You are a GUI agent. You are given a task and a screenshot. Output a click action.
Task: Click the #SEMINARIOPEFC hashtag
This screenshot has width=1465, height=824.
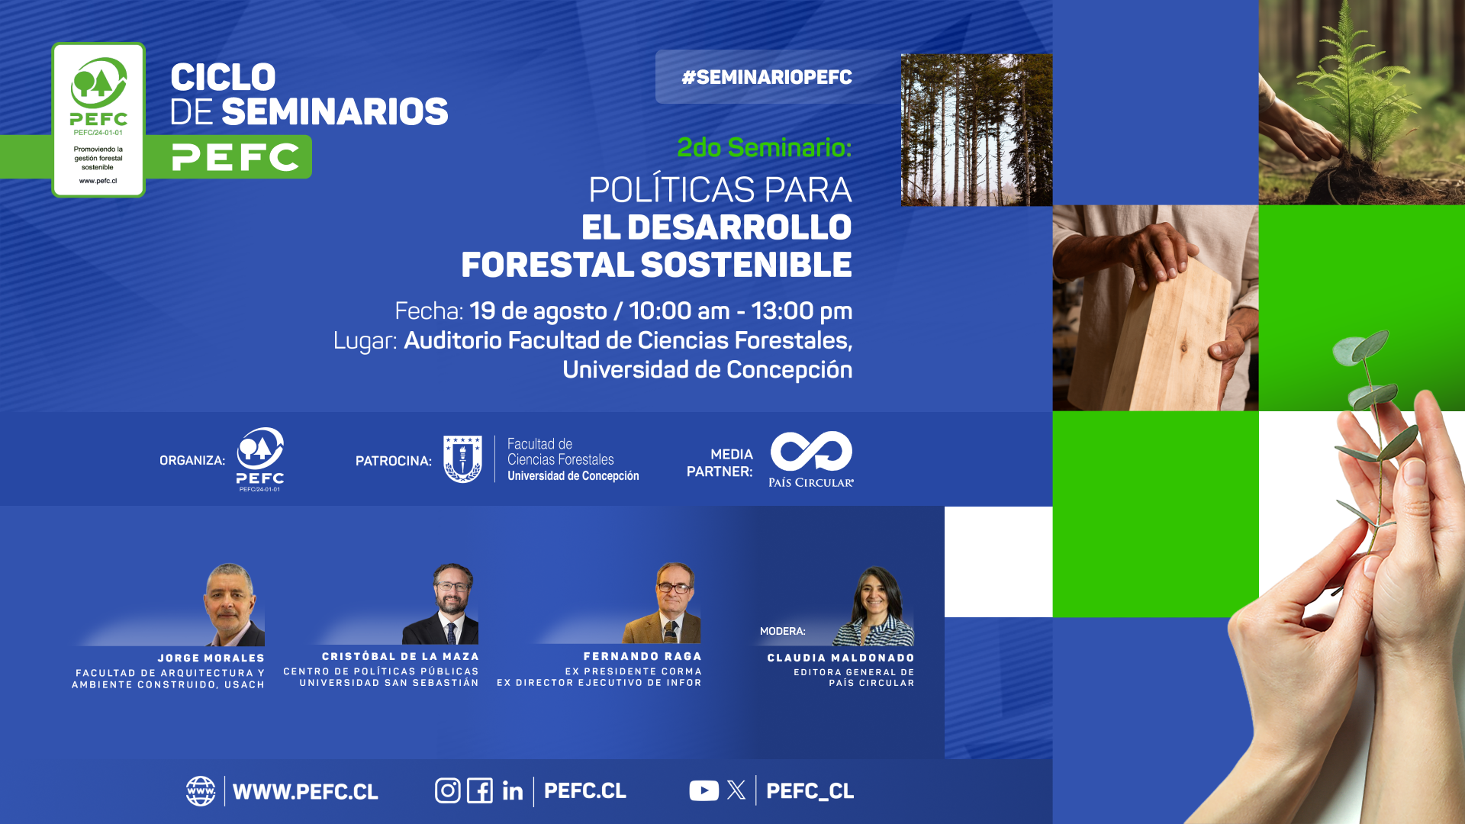(767, 77)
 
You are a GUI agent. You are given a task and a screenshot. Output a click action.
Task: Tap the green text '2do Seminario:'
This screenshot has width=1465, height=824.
(765, 147)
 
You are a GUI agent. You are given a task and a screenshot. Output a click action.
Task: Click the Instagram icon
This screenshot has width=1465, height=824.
(448, 790)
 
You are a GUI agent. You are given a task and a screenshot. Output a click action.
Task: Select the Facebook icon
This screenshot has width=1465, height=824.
(480, 790)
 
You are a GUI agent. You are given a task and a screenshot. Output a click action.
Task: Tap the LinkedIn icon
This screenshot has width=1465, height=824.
(513, 790)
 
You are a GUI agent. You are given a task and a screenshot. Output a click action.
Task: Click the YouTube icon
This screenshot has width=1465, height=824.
(704, 790)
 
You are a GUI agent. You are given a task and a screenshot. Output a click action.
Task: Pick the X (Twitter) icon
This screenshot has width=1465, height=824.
(736, 790)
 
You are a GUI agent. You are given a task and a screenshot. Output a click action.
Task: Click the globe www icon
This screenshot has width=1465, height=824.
(201, 791)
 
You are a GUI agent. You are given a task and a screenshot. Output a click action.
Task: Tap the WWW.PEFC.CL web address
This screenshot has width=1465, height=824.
(305, 792)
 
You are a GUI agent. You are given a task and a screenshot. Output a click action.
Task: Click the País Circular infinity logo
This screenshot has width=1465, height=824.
(811, 452)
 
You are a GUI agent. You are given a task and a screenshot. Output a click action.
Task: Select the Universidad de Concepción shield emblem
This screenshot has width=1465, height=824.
(462, 459)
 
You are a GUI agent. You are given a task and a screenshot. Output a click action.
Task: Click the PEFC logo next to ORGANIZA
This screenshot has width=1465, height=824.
(260, 459)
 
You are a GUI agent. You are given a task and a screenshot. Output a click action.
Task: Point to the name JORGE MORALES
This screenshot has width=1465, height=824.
(211, 658)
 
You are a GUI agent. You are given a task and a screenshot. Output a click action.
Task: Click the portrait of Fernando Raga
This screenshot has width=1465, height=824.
(662, 603)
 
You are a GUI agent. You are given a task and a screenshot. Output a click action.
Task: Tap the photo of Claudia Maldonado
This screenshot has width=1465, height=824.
(874, 607)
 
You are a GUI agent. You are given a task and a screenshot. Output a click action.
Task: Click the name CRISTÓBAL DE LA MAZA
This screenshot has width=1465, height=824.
(401, 656)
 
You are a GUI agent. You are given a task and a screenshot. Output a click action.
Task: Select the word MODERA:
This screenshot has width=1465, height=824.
(783, 631)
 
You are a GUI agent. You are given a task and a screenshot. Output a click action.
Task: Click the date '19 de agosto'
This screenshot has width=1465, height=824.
(538, 311)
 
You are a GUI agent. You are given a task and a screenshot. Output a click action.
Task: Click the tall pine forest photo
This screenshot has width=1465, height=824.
(977, 130)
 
